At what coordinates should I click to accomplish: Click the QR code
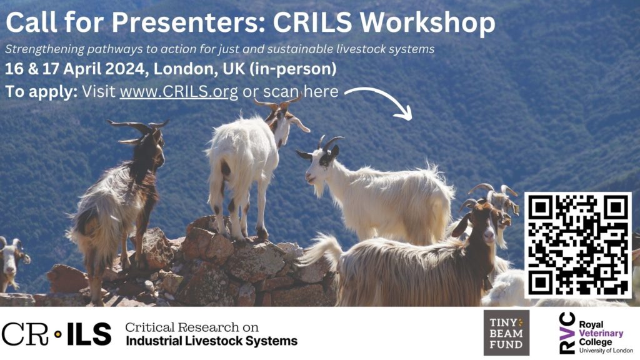(577, 245)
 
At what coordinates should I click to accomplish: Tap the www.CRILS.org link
(178, 92)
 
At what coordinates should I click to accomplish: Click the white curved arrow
(379, 102)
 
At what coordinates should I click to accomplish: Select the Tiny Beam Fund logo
(506, 332)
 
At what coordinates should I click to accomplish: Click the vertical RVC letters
(567, 332)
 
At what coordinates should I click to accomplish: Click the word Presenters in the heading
(188, 22)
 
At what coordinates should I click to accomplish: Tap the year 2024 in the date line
(125, 69)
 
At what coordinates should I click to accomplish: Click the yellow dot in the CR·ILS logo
(58, 334)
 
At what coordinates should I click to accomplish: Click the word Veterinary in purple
(601, 333)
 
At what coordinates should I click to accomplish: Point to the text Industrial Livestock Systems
(211, 341)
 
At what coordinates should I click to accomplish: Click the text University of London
(606, 350)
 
